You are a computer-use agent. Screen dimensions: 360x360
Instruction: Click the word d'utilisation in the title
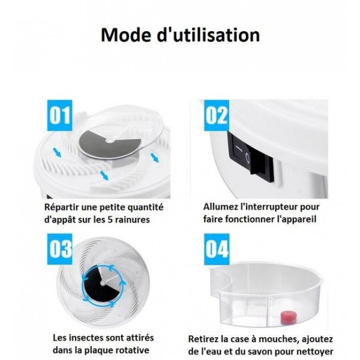(x=208, y=34)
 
